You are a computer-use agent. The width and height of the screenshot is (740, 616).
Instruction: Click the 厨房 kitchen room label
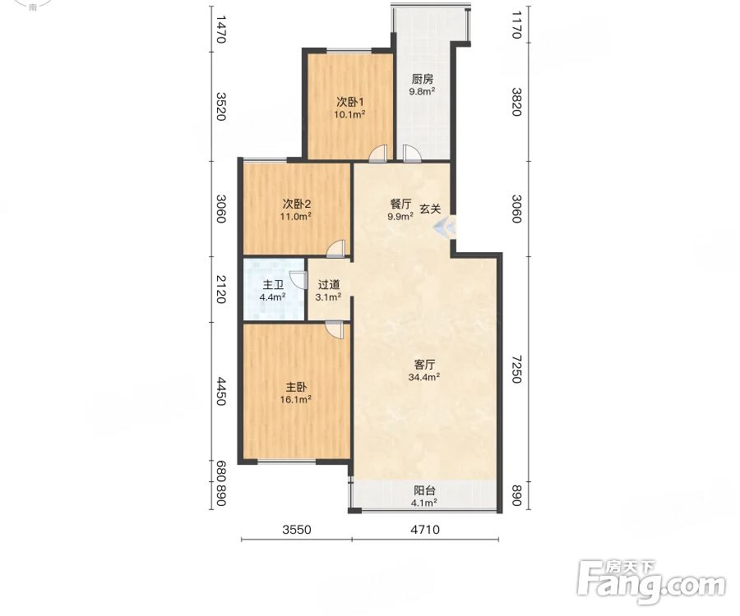pyautogui.click(x=423, y=79)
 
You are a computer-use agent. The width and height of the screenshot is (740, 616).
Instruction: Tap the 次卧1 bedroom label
pyautogui.click(x=349, y=102)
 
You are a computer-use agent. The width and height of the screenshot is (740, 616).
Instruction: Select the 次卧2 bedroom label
pyautogui.click(x=296, y=204)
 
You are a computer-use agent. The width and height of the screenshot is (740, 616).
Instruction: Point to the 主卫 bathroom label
pyautogui.click(x=273, y=285)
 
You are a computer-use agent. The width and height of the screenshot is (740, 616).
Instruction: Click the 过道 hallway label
pyautogui.click(x=329, y=285)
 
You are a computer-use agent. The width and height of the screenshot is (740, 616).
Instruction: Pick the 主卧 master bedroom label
pyautogui.click(x=296, y=387)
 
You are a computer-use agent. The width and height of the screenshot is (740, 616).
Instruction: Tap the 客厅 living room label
pyautogui.click(x=424, y=365)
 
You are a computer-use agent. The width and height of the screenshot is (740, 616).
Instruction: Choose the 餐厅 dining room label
pyautogui.click(x=400, y=204)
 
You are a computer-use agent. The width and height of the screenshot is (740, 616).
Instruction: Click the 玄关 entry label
pyautogui.click(x=430, y=209)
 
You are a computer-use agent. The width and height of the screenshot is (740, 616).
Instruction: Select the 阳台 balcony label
pyautogui.click(x=424, y=490)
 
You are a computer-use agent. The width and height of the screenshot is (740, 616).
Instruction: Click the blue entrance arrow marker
pyautogui.click(x=445, y=228)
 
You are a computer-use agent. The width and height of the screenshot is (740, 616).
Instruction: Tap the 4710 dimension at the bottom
pyautogui.click(x=425, y=530)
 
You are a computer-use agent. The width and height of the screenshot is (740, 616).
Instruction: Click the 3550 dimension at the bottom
pyautogui.click(x=297, y=530)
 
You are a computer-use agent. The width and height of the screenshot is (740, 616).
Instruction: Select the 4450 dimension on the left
pyautogui.click(x=221, y=391)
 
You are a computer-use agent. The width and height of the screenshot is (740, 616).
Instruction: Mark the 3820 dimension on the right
pyautogui.click(x=516, y=102)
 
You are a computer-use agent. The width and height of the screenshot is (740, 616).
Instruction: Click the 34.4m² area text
pyautogui.click(x=424, y=377)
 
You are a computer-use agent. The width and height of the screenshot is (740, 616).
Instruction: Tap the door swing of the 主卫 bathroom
pyautogui.click(x=298, y=279)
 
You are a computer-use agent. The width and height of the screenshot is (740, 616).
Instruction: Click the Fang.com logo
pyautogui.click(x=651, y=582)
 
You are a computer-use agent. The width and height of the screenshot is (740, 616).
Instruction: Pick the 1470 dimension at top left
pyautogui.click(x=221, y=30)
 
